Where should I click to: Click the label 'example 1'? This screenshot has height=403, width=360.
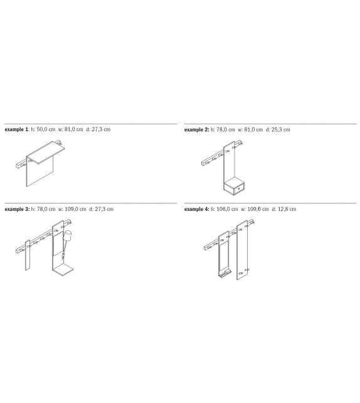tap(16, 130)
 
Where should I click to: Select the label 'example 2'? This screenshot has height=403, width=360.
tap(196, 130)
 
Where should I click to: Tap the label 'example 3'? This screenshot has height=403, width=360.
tap(16, 209)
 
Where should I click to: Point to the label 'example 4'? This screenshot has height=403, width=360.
tap(196, 209)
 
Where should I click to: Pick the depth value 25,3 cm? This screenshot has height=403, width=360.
tap(280, 130)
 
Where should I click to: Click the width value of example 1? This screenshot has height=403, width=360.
tap(78, 130)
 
